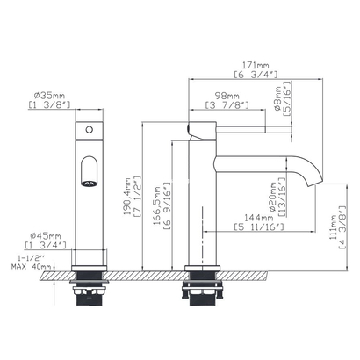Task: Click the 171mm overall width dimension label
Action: point(256,66)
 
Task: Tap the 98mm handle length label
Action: point(227,96)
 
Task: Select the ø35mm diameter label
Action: point(49,96)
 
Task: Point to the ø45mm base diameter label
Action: point(46,236)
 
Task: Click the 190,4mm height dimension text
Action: point(128,197)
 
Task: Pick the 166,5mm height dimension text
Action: point(158,205)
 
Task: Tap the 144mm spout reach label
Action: point(259,218)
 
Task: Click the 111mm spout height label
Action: point(334,227)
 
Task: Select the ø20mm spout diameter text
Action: point(273,197)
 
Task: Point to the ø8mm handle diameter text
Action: point(278,99)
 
